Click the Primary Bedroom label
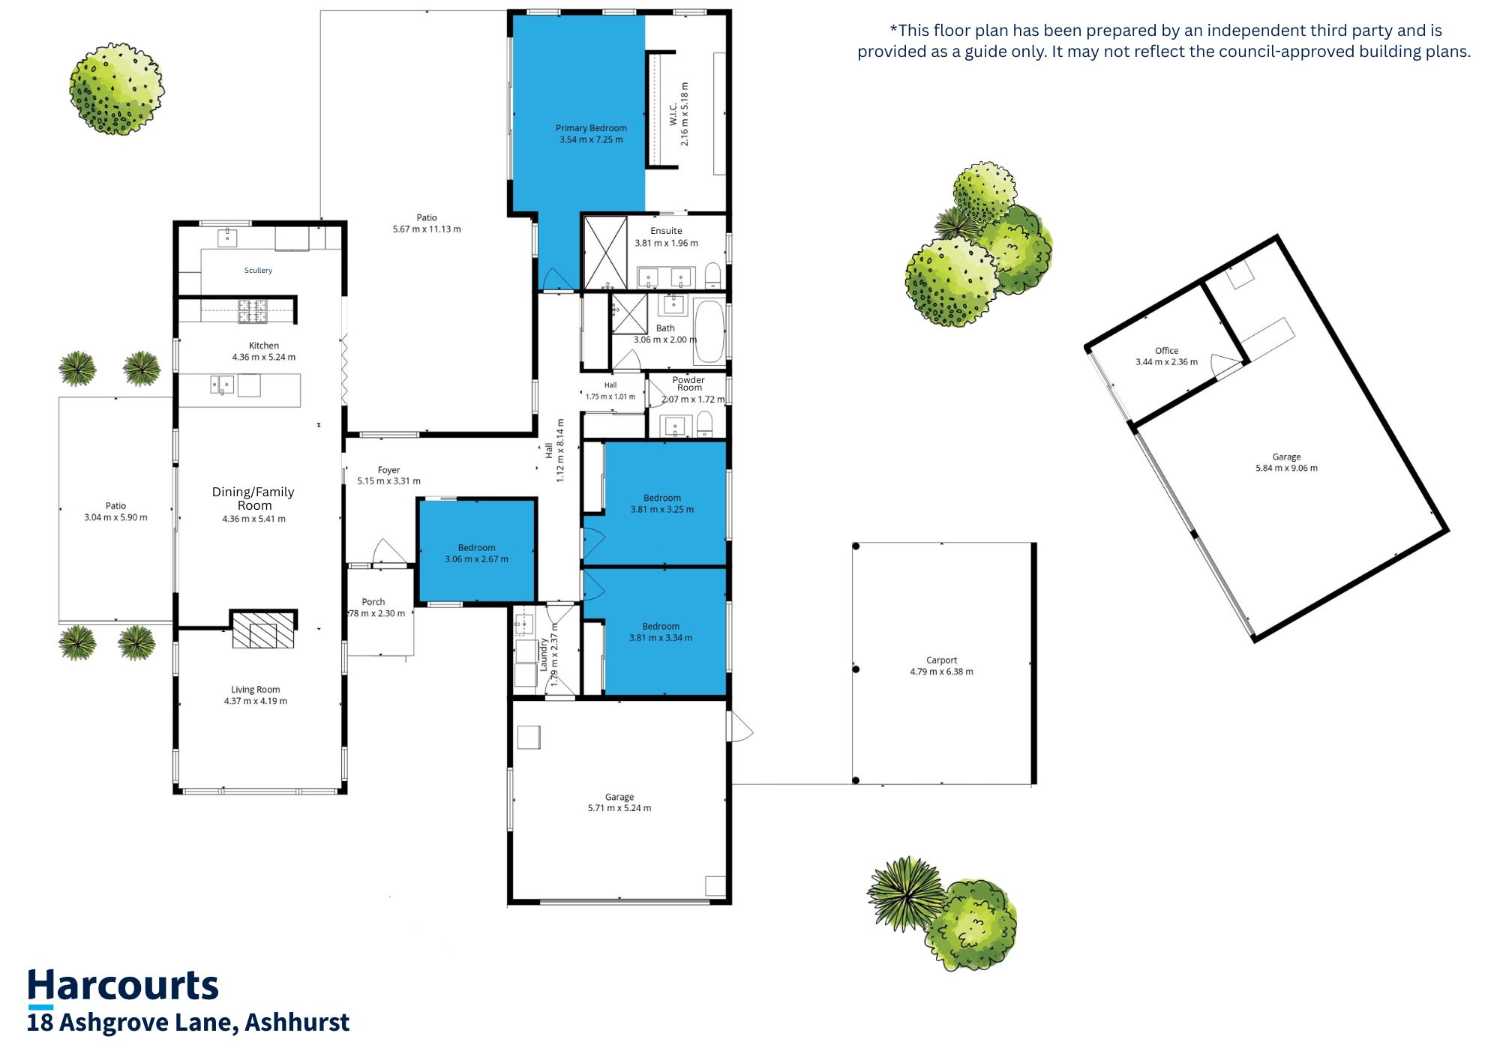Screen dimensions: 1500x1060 [x=591, y=128]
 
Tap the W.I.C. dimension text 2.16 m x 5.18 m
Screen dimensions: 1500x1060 [x=685, y=114]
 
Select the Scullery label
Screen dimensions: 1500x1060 [x=258, y=271]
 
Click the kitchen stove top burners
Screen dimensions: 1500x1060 [x=253, y=311]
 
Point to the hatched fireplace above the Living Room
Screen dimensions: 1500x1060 [x=263, y=630]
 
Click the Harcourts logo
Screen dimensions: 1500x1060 [x=123, y=987]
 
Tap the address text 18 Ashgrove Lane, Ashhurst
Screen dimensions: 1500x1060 [x=188, y=1023]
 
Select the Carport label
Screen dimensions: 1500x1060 [x=941, y=660]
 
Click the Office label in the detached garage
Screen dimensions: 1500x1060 [x=1166, y=351]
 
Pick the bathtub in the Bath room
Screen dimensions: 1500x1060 [x=709, y=330]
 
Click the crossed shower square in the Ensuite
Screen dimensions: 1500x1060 [x=605, y=253]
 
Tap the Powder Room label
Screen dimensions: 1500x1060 [x=688, y=384]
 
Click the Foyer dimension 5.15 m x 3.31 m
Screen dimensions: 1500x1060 [x=388, y=481]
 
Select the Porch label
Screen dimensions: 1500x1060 [x=373, y=602]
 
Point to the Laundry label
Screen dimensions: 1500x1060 [x=544, y=654]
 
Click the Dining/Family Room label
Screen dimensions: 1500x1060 [x=253, y=499]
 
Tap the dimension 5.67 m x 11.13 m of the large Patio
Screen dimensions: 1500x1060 [x=427, y=229]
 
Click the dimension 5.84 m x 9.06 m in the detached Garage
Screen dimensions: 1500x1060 [x=1286, y=469]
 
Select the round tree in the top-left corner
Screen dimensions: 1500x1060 [x=116, y=88]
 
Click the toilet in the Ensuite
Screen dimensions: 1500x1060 [x=712, y=275]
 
